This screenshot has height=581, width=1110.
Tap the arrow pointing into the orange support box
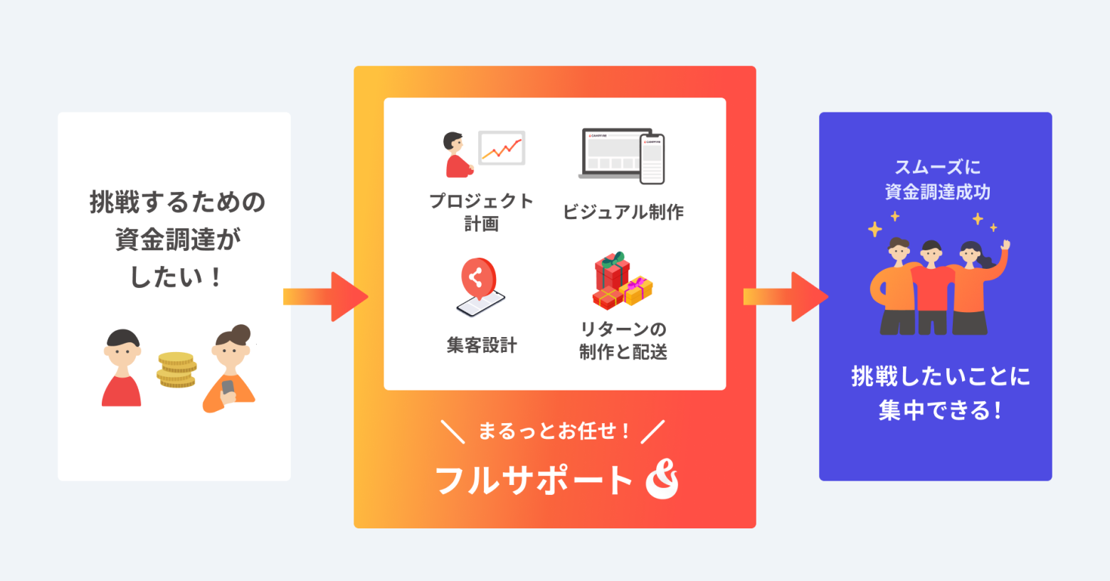326,297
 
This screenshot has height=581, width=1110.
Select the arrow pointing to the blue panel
786,297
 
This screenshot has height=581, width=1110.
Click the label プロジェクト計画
481,212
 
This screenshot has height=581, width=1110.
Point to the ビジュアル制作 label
623,212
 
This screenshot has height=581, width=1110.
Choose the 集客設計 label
482,345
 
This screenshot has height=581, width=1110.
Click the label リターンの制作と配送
623,340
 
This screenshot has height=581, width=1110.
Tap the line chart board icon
502,148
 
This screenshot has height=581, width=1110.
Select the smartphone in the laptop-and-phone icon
652,159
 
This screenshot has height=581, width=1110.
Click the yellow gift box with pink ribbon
636,290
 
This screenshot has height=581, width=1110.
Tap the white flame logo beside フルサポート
662,479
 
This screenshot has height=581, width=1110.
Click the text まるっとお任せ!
554,431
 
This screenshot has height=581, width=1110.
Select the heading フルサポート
534,480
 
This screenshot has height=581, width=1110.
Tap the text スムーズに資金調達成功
937,179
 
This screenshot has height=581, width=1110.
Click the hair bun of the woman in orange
241,333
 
